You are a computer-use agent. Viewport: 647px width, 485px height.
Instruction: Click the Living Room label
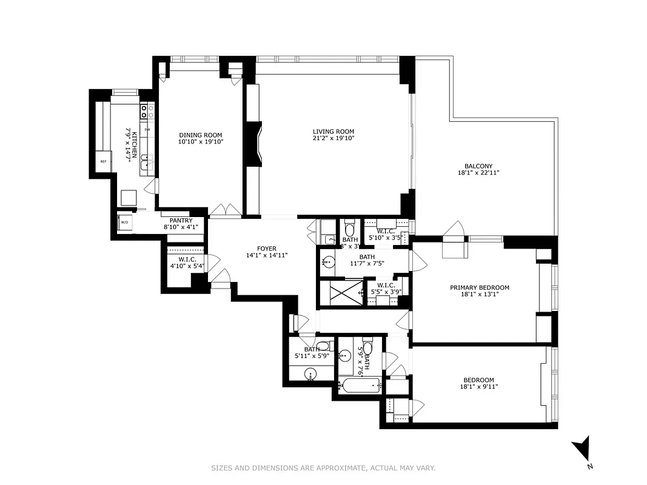coord(333,132)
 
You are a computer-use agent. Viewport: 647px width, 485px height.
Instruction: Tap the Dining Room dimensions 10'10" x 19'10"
coord(200,142)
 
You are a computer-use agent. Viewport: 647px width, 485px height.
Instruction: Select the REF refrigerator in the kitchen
coord(104,161)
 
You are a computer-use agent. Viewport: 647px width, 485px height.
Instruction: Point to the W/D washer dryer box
coord(125,222)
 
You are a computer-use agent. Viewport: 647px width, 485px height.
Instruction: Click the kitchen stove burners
coord(145,112)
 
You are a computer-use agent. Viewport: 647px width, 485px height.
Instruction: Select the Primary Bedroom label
coord(479,287)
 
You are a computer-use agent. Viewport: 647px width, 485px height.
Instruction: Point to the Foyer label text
coord(266,249)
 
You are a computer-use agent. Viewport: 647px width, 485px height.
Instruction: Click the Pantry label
coord(181,221)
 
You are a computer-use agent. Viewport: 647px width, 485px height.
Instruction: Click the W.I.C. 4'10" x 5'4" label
coord(187,262)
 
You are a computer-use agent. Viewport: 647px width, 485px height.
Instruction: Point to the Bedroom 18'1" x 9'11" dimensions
coord(479,387)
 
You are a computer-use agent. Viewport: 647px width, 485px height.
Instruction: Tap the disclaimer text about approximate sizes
coord(323,468)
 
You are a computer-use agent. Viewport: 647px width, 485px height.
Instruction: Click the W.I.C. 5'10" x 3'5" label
coord(386,235)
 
